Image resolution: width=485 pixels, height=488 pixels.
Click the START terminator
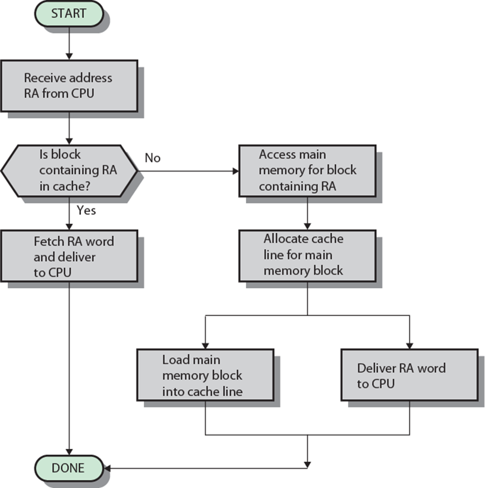click(69, 14)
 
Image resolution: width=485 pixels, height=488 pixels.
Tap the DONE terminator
click(69, 468)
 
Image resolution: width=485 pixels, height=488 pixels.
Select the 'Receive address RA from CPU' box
click(69, 86)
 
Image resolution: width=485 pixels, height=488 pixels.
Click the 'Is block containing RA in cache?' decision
click(69, 171)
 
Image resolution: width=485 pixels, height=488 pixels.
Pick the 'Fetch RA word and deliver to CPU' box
click(69, 256)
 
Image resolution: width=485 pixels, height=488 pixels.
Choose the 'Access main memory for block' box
click(307, 171)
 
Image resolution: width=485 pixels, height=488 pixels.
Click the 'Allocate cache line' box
click(307, 256)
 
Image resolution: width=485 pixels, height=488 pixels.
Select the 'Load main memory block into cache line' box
click(205, 375)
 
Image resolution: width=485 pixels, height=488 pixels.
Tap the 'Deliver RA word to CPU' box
click(410, 375)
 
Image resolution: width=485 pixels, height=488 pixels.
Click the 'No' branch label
click(153, 158)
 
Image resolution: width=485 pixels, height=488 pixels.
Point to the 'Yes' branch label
click(86, 210)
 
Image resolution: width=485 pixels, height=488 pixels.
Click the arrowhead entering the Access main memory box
click(236, 171)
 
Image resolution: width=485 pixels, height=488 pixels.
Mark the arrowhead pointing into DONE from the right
click(107, 468)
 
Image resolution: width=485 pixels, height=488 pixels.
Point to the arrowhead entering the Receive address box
click(69, 57)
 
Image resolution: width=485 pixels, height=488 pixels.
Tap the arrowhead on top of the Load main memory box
click(205, 345)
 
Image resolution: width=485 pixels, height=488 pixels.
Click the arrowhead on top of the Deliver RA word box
click(410, 345)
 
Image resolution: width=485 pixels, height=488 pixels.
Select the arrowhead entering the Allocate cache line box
click(307, 227)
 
